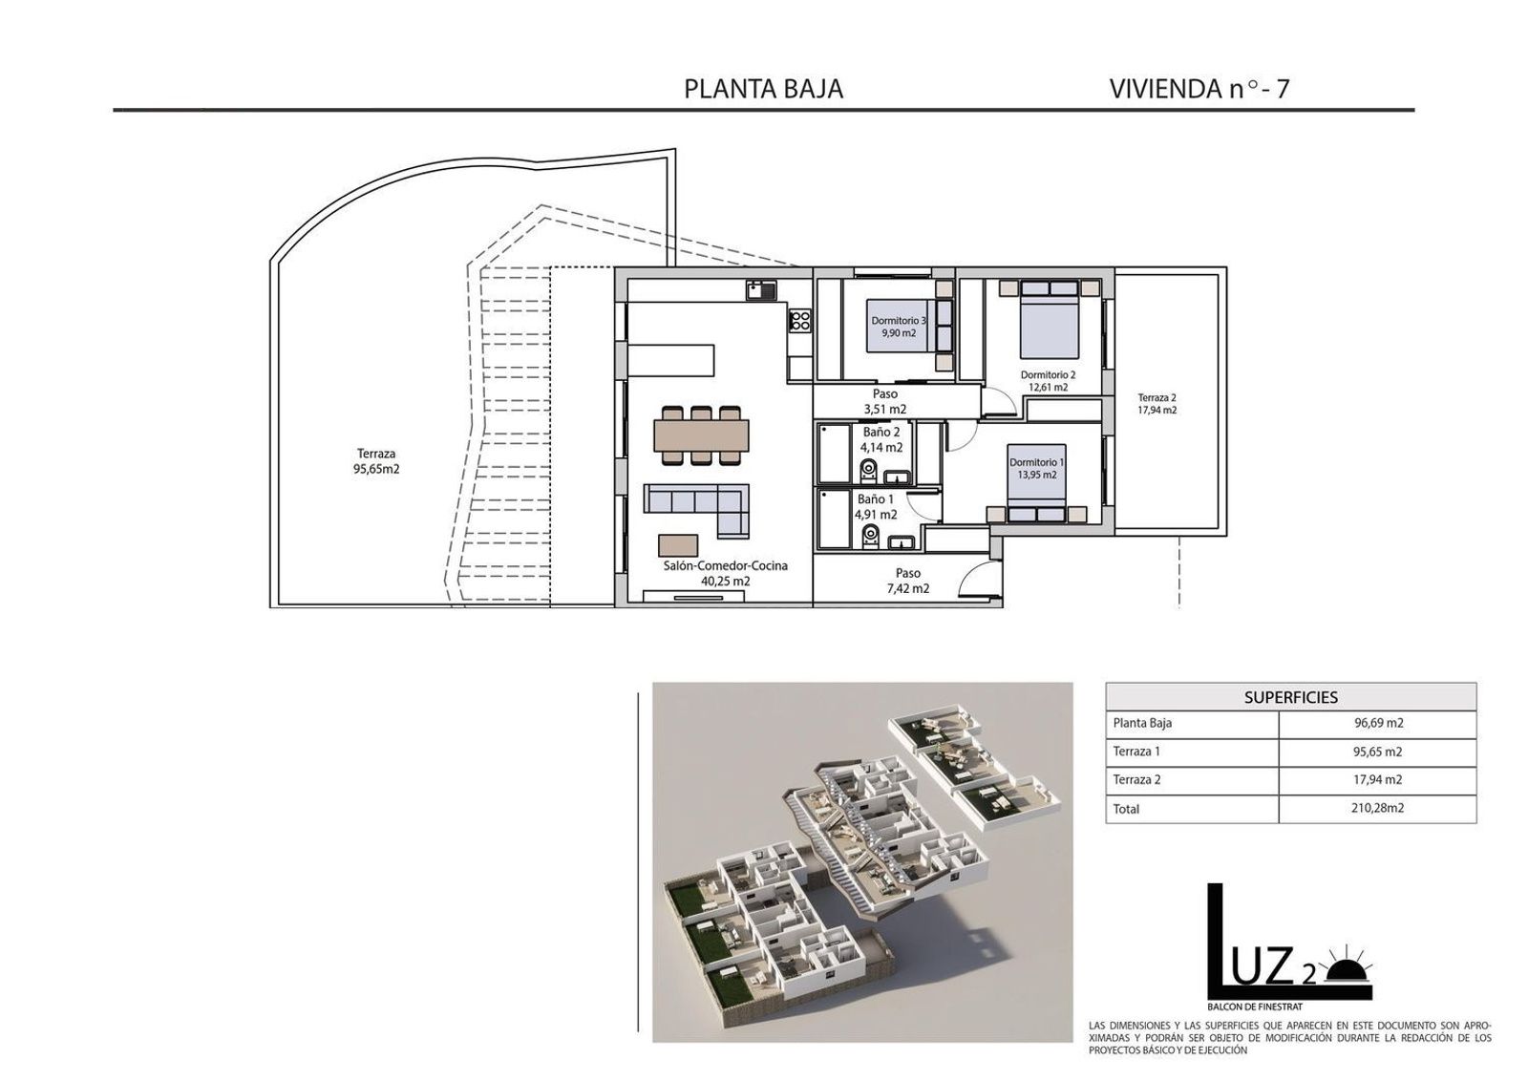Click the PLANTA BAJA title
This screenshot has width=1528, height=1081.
(x=763, y=90)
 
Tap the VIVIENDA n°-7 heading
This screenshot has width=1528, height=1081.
(x=1199, y=90)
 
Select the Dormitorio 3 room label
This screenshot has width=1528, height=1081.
(x=899, y=327)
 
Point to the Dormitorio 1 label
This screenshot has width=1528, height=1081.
(x=1037, y=469)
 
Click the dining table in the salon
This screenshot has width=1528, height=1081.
(x=701, y=435)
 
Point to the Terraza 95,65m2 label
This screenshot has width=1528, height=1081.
(x=376, y=461)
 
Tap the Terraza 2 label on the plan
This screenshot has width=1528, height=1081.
(x=1157, y=404)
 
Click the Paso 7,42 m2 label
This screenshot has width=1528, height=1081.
(x=908, y=581)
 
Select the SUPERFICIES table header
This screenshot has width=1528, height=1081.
(x=1290, y=697)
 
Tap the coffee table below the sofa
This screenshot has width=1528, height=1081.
(x=678, y=545)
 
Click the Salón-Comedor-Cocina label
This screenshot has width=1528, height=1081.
(x=725, y=573)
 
